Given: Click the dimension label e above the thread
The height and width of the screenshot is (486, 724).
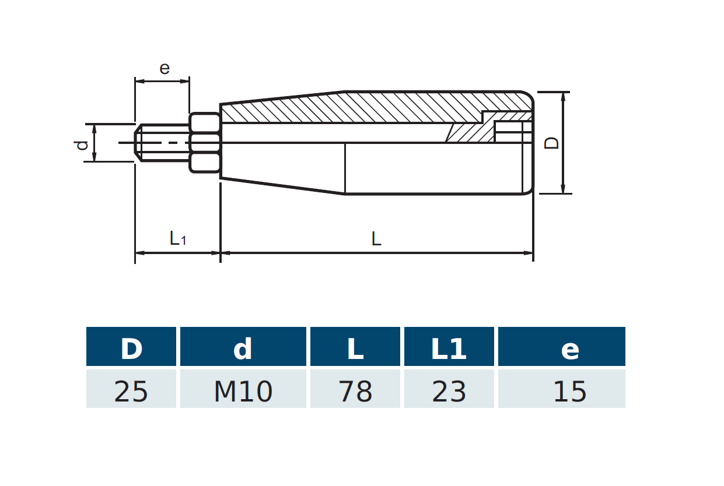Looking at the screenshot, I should tap(165, 69).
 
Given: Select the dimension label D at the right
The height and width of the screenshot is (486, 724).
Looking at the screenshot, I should tap(552, 143).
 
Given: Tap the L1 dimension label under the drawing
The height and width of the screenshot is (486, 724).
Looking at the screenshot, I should tap(177, 238).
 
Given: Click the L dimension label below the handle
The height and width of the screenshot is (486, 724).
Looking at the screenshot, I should tap(376, 238).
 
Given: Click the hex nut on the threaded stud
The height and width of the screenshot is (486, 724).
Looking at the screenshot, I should tap(205, 143).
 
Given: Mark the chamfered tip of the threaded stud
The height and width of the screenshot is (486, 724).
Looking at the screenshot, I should tap(139, 143).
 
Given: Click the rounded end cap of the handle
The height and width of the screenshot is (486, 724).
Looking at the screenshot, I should tap(527, 143).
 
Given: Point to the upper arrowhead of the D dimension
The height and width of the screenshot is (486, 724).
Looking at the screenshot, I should tap(563, 97).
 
